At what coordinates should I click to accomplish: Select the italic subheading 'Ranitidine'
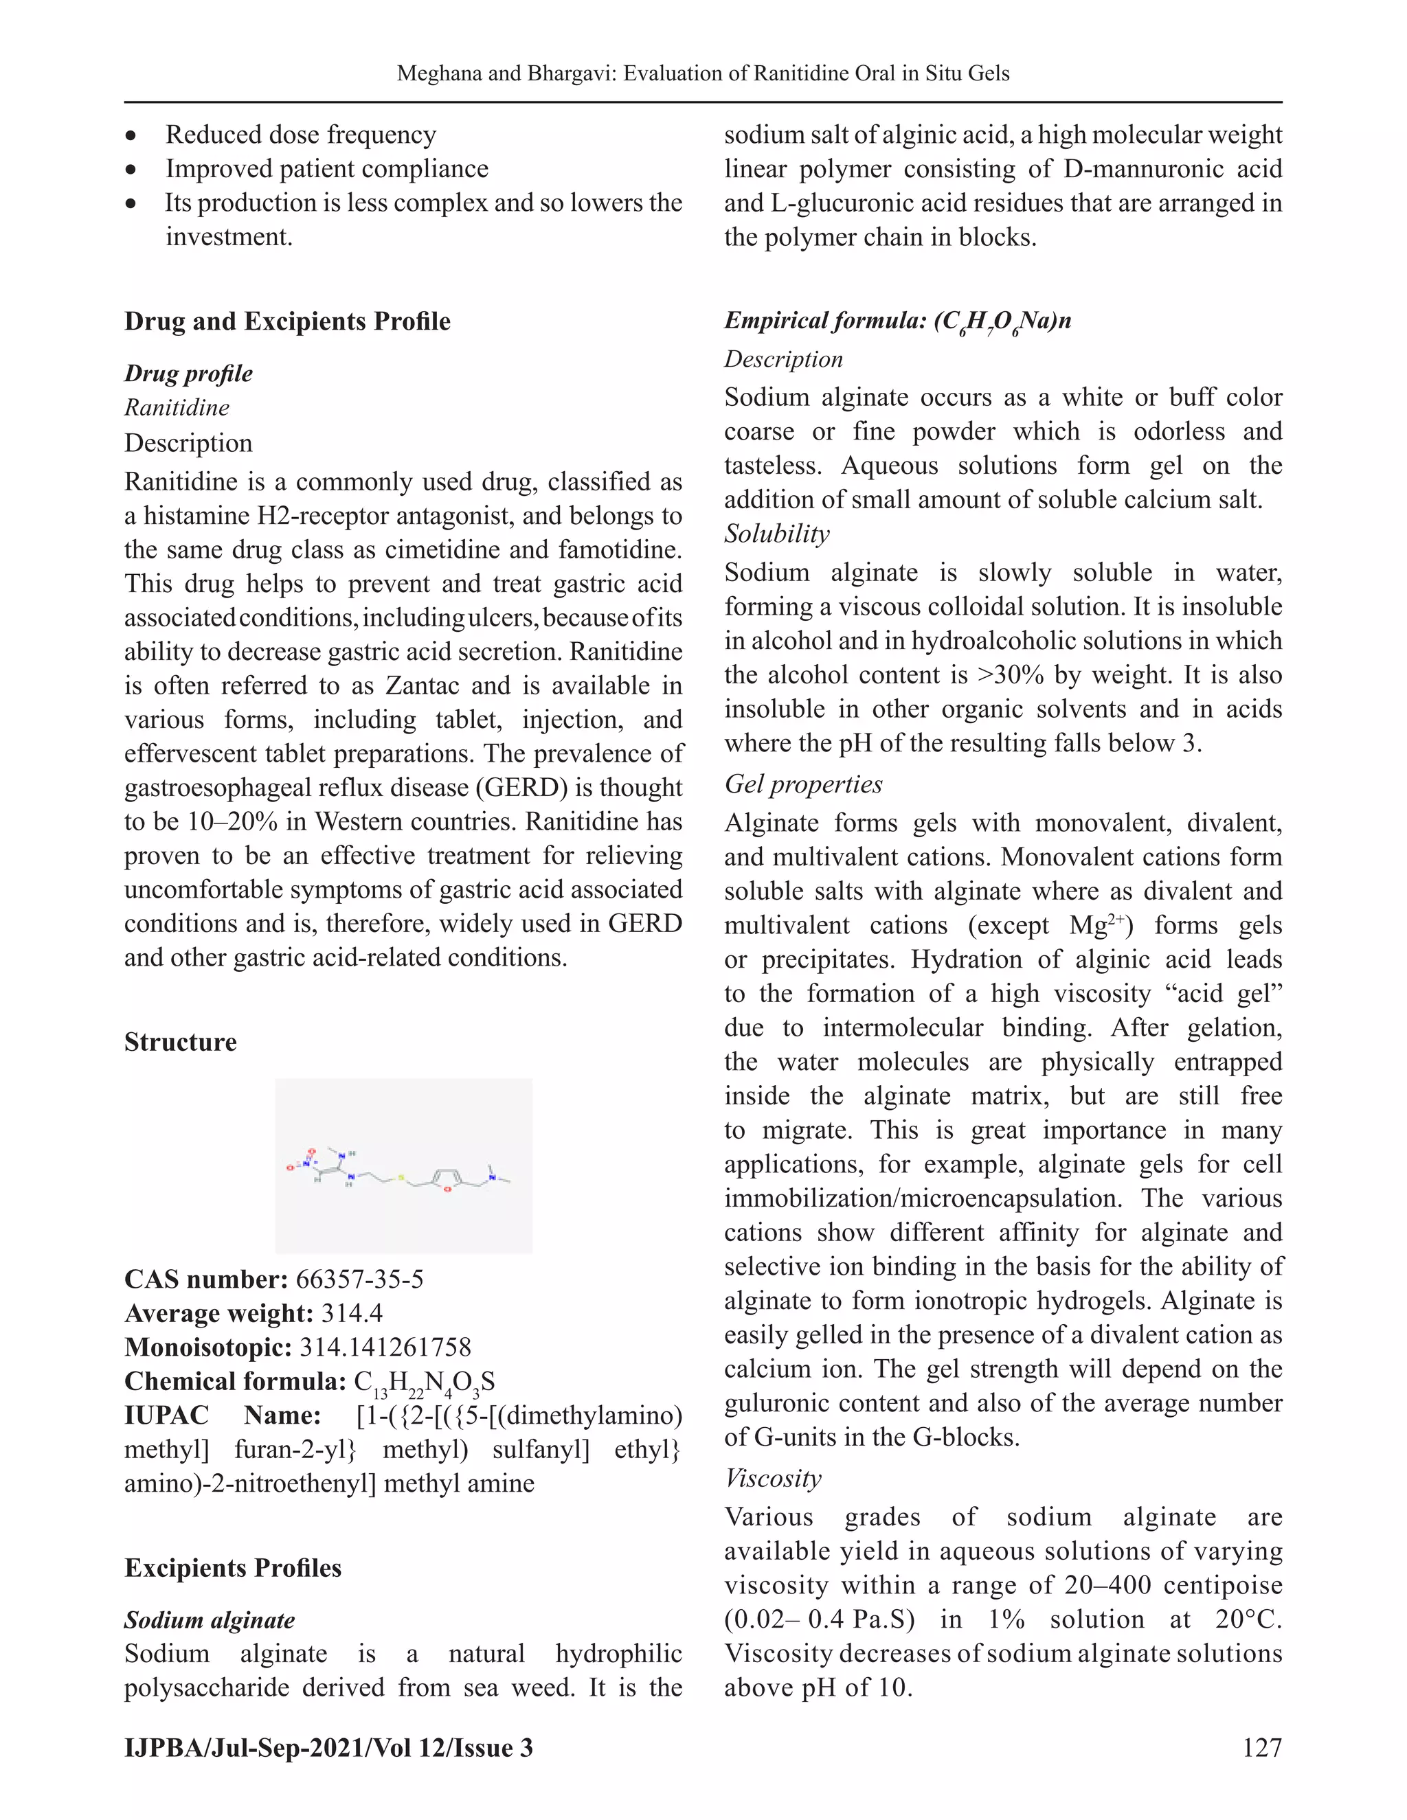[177, 407]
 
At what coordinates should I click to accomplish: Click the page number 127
[1261, 1747]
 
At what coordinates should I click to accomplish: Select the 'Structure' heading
[180, 1043]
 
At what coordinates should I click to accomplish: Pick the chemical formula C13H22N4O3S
[425, 1383]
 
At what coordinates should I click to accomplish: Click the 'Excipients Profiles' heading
[233, 1569]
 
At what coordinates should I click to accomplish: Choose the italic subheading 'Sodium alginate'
[210, 1620]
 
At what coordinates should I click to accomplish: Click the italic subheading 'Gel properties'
[802, 784]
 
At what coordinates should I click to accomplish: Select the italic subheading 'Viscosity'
[773, 1479]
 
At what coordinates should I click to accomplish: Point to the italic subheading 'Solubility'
[776, 534]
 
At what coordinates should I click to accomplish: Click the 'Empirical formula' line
[897, 321]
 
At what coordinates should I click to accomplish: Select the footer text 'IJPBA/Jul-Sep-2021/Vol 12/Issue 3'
[328, 1747]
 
